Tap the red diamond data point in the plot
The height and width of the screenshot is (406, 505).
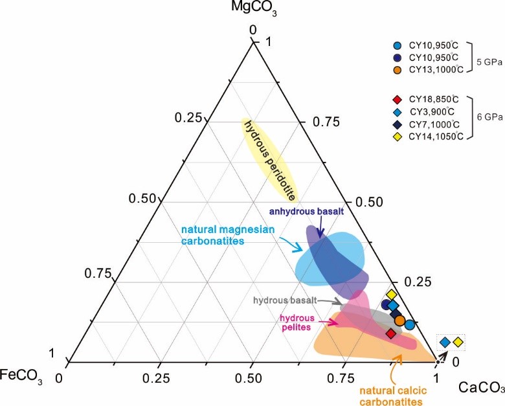(x=390, y=333)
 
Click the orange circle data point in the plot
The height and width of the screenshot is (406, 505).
(x=400, y=321)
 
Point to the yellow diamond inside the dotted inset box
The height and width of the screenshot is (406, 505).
(x=458, y=342)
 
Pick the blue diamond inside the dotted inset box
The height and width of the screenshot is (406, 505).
(x=445, y=342)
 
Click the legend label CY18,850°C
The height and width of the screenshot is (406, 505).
(x=434, y=99)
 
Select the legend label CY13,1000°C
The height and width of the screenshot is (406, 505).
(x=436, y=70)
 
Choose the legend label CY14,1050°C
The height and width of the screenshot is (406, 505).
(x=436, y=137)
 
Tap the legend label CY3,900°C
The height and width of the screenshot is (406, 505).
(x=432, y=111)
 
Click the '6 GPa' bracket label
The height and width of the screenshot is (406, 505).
(x=489, y=118)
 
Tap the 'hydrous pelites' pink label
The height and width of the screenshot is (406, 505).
(x=297, y=323)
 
